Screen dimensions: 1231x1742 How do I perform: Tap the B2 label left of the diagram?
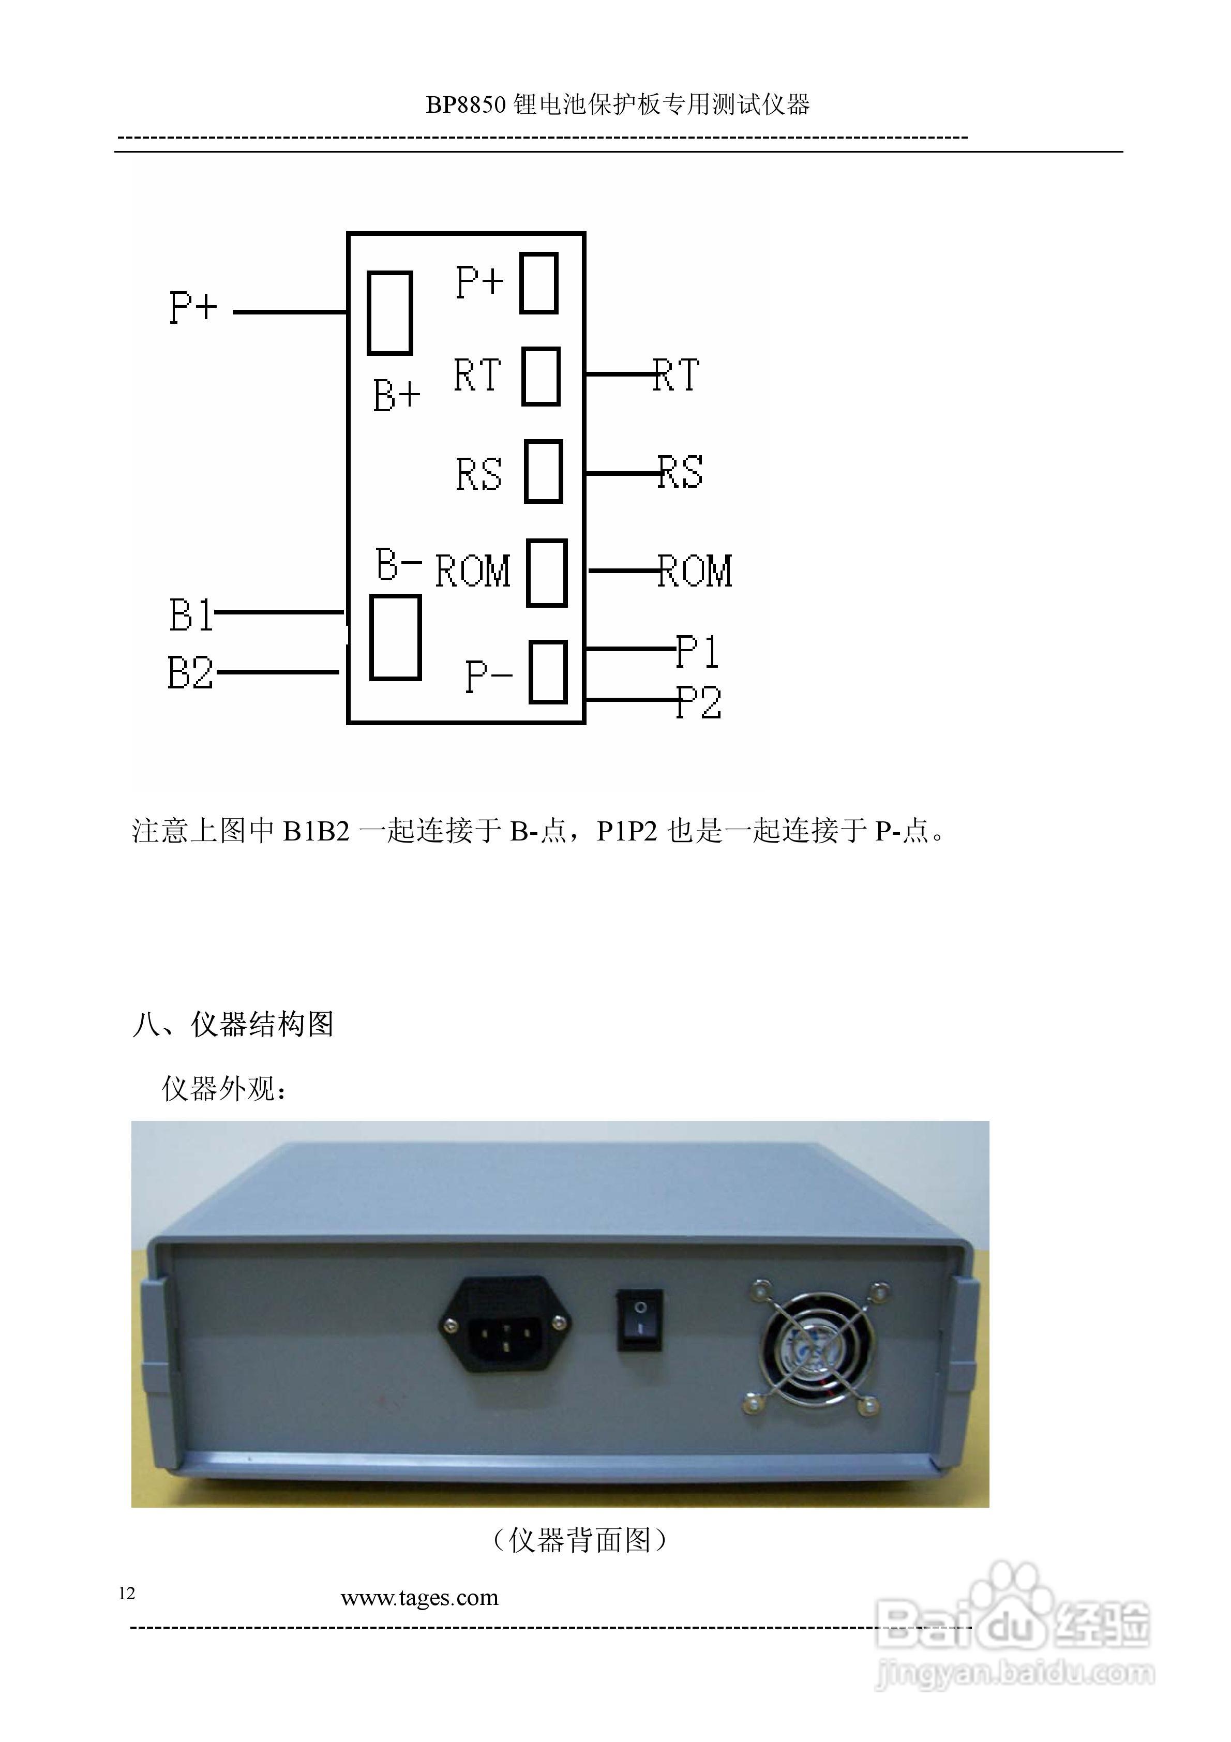click(190, 673)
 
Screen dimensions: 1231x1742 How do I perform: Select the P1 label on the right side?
click(697, 651)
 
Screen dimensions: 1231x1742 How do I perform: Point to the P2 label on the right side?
click(699, 702)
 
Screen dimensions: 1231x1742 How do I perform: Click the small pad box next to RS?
click(544, 471)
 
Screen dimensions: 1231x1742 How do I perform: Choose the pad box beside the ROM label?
click(546, 573)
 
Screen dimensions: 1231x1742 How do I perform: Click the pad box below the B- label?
click(395, 637)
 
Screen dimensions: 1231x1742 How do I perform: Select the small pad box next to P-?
click(548, 672)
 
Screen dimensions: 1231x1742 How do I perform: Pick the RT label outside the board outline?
click(676, 376)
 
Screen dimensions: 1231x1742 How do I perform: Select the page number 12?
click(127, 1593)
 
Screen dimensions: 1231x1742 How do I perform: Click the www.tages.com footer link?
click(419, 1598)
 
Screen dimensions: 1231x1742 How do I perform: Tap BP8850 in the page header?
click(465, 104)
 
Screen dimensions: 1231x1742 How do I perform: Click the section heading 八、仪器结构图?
click(232, 1024)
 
